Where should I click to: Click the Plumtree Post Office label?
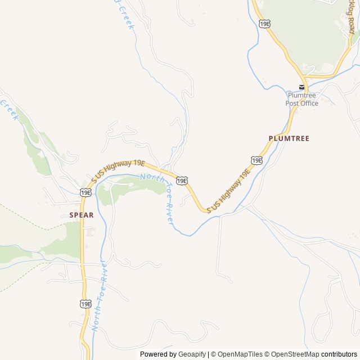[301, 99]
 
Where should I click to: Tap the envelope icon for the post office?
[302, 87]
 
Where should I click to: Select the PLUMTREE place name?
[289, 138]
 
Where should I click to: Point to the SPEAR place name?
[82, 215]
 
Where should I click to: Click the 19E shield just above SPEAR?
[85, 192]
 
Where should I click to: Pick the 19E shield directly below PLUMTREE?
[256, 160]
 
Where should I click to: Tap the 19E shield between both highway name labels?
[181, 180]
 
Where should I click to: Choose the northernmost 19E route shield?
[265, 23]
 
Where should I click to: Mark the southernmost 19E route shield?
[85, 304]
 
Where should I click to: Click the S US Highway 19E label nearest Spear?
[119, 170]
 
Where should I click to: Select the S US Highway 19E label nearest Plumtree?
[228, 190]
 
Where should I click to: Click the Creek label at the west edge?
[10, 109]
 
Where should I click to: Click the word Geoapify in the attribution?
[192, 354]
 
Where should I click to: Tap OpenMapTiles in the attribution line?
[239, 354]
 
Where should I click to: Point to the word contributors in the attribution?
[339, 354]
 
